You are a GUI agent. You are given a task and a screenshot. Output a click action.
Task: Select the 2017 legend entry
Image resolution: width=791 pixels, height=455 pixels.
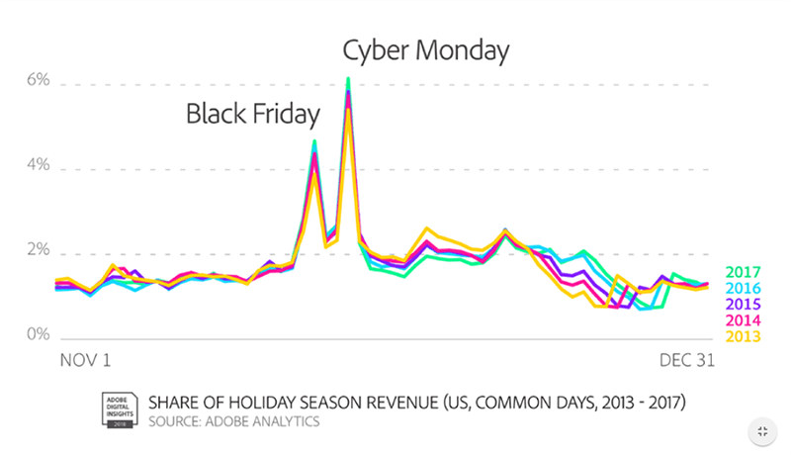[x=743, y=272]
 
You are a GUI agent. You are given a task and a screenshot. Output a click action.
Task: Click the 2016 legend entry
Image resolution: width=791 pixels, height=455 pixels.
[x=743, y=288]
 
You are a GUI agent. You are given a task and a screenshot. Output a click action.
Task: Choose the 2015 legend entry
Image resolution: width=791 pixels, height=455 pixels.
[x=743, y=304]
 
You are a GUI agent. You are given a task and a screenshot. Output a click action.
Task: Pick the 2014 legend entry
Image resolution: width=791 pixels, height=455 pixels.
[x=743, y=319]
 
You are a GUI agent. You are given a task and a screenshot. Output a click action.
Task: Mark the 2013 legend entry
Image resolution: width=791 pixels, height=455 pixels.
[x=743, y=335]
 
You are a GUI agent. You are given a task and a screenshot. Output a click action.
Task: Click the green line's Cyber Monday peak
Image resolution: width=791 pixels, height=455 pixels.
[x=348, y=78]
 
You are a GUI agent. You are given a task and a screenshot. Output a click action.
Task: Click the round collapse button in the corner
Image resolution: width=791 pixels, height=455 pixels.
[x=761, y=430]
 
